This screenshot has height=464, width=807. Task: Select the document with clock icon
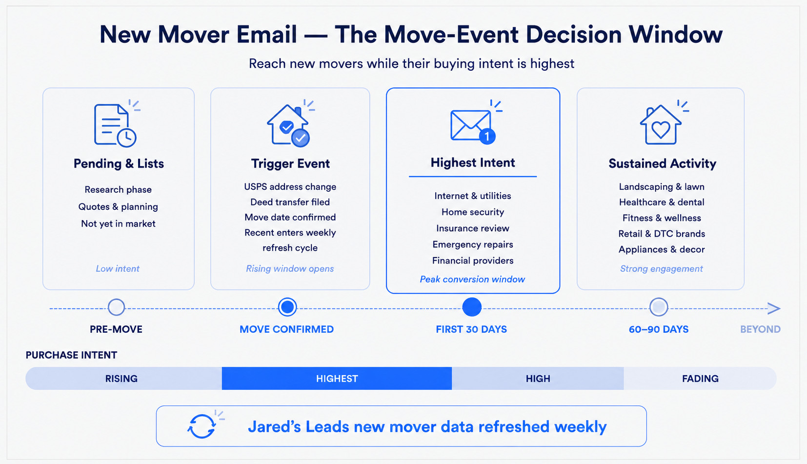(x=115, y=125)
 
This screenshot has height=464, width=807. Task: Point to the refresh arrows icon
(x=202, y=426)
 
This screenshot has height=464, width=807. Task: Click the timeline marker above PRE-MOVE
(x=116, y=307)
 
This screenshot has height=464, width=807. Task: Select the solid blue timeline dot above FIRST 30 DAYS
(x=472, y=307)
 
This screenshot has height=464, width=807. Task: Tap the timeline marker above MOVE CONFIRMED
(x=287, y=307)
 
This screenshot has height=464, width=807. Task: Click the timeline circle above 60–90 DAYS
(x=659, y=307)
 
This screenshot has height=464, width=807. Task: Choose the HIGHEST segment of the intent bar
(x=337, y=378)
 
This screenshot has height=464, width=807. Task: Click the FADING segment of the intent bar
(x=700, y=378)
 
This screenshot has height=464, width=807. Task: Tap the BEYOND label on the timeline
(x=760, y=329)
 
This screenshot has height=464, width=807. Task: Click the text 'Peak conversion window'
(x=472, y=279)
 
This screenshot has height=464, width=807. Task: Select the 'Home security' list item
(x=473, y=212)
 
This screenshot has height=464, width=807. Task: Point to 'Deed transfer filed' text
(x=290, y=202)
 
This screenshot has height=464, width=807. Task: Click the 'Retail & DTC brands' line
(x=662, y=234)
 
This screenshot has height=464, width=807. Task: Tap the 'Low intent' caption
(x=118, y=268)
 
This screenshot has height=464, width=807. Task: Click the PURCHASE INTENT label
(x=71, y=355)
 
